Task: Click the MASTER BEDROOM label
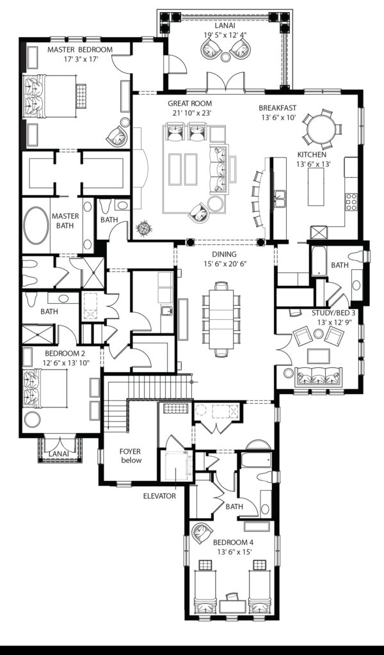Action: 80,49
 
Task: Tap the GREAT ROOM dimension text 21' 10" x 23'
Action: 189,113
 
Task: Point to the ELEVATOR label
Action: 159,495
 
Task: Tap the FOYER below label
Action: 130,455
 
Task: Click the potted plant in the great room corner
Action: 145,228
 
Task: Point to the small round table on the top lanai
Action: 225,58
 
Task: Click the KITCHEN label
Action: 312,155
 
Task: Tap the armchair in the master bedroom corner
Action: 118,135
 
